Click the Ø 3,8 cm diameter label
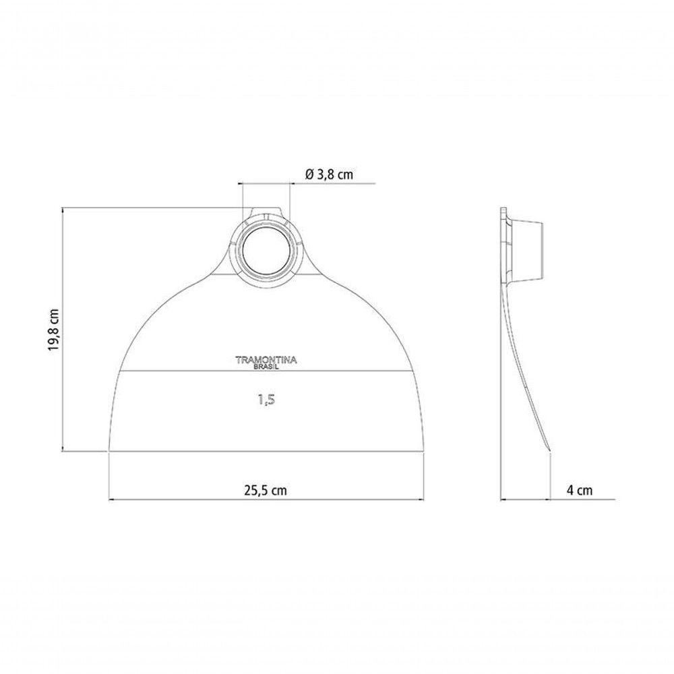329,175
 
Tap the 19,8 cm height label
53,330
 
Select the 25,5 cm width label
266,490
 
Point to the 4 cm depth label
580,490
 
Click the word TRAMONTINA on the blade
266,360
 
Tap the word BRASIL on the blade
266,367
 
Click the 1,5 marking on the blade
266,400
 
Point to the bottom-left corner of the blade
109,451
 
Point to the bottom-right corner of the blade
424,451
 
